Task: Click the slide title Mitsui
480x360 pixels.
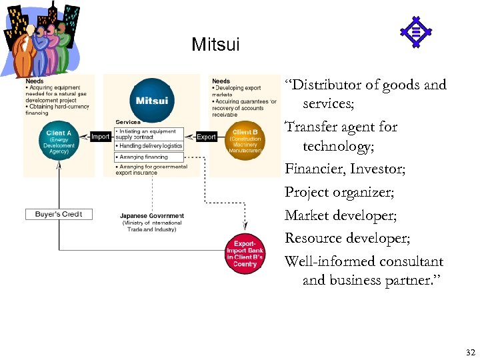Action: (215, 45)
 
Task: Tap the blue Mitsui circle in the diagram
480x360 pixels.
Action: (151, 101)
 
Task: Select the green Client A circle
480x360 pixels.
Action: (60, 141)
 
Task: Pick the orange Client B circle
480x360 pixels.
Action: (245, 141)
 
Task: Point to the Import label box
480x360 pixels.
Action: (100, 137)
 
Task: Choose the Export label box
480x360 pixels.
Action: (206, 137)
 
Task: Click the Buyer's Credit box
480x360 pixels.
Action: (59, 214)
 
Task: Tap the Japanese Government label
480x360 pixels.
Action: (151, 216)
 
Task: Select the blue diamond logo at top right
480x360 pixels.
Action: (415, 31)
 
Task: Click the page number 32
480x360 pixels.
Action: (470, 351)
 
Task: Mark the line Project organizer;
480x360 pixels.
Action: (339, 192)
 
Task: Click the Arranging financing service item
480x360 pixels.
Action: (144, 157)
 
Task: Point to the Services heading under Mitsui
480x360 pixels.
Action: (128, 122)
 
